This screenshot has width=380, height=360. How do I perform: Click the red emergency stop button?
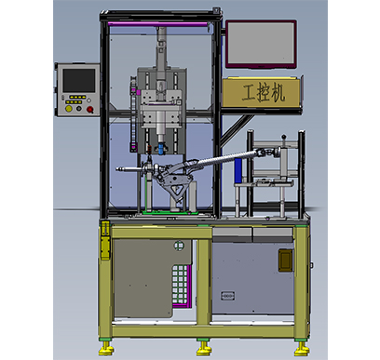90,109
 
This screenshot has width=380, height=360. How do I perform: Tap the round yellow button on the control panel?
69,109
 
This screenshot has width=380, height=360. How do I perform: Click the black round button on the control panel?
79,109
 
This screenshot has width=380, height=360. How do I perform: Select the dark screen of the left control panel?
79,81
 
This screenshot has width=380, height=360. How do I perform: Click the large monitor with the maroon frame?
261,44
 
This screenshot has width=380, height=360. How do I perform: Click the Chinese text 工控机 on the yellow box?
263,93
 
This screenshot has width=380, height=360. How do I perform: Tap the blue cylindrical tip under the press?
160,148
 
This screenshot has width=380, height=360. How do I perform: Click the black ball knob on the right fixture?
283,137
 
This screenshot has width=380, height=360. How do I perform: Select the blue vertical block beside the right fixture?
238,170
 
